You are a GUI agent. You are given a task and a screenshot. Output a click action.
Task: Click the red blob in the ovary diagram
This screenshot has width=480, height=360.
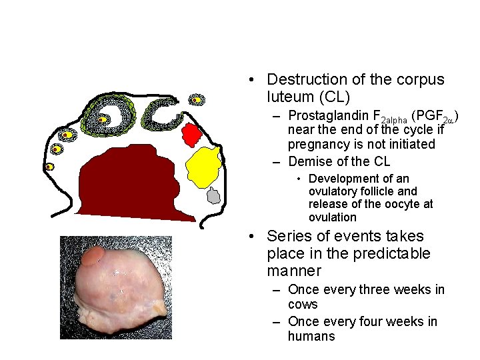coord(192,135)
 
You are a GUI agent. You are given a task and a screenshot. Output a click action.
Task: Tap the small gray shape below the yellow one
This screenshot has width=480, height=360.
coord(213,196)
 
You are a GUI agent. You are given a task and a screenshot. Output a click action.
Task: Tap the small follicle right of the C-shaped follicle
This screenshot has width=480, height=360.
coord(197,100)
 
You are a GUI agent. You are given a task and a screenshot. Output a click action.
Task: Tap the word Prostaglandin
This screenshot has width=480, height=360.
coord(326,115)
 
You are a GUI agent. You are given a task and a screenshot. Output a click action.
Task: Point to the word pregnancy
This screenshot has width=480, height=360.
coord(319,144)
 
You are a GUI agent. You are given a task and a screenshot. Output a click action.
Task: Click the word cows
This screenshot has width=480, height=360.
coord(303,304)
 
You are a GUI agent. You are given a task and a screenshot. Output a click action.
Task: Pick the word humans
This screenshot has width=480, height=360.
coord(311,336)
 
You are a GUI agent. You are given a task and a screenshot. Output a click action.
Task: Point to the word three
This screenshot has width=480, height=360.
coord(377,289)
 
